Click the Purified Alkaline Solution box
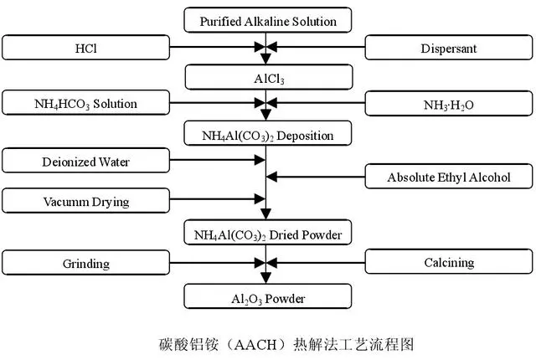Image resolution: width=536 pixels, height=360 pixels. [x=268, y=20]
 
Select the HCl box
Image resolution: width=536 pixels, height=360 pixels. [x=85, y=48]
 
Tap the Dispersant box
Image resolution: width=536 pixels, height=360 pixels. [x=449, y=48]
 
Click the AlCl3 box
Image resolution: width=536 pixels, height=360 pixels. [x=269, y=77]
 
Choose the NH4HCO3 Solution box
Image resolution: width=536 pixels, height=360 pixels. [x=85, y=102]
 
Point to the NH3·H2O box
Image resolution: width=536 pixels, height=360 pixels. [x=449, y=104]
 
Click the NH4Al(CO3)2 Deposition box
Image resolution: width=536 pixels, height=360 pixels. [x=268, y=133]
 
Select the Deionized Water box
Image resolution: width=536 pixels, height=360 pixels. [x=85, y=160]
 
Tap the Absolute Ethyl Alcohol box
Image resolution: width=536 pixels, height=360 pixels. [x=449, y=177]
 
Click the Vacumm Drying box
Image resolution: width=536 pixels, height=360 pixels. [x=85, y=200]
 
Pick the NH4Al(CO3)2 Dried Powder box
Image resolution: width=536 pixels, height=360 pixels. [x=268, y=232]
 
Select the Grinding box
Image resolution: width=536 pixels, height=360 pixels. [x=85, y=262]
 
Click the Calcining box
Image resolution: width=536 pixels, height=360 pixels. [x=449, y=261]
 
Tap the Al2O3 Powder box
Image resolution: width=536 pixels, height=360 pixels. [x=268, y=296]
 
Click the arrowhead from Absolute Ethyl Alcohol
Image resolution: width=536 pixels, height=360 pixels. [x=271, y=177]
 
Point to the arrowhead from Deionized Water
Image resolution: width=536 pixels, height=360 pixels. [x=260, y=160]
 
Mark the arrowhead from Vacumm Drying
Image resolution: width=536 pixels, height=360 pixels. [x=260, y=198]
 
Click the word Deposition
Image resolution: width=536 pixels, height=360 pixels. [x=305, y=136]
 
